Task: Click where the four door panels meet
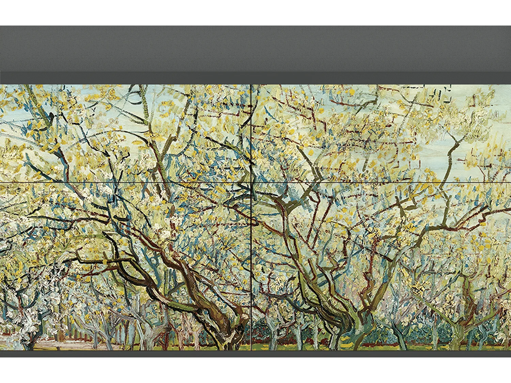(x=251, y=183)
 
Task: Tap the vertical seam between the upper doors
(x=251, y=133)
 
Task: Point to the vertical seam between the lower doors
(x=251, y=266)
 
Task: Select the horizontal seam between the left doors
(x=126, y=183)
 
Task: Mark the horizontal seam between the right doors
(x=382, y=183)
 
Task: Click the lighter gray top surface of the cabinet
(x=255, y=48)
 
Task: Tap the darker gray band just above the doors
(x=255, y=78)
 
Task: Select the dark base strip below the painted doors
(x=255, y=354)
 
